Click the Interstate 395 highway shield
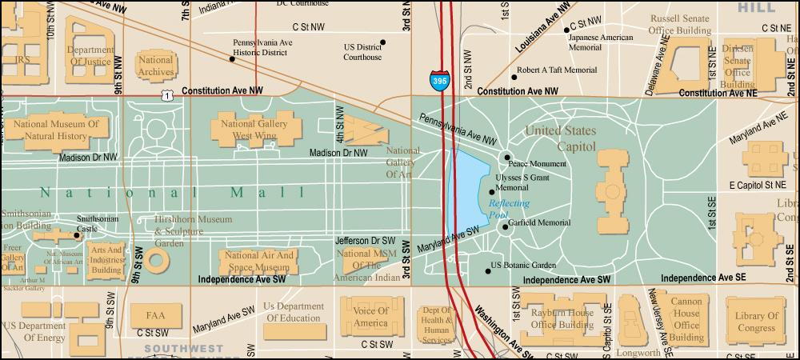tap(439, 81)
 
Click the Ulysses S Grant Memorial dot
tap(491, 192)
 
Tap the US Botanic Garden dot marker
tap(488, 271)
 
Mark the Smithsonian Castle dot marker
tap(77, 235)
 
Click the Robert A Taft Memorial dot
tap(514, 78)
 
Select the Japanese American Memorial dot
tap(566, 30)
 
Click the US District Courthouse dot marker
tap(382, 42)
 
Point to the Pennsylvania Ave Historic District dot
tap(232, 58)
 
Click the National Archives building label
tap(155, 66)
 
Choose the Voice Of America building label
tap(370, 317)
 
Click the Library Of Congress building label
tap(756, 322)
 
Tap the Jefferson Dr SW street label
tap(365, 239)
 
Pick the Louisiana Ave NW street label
tap(544, 26)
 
